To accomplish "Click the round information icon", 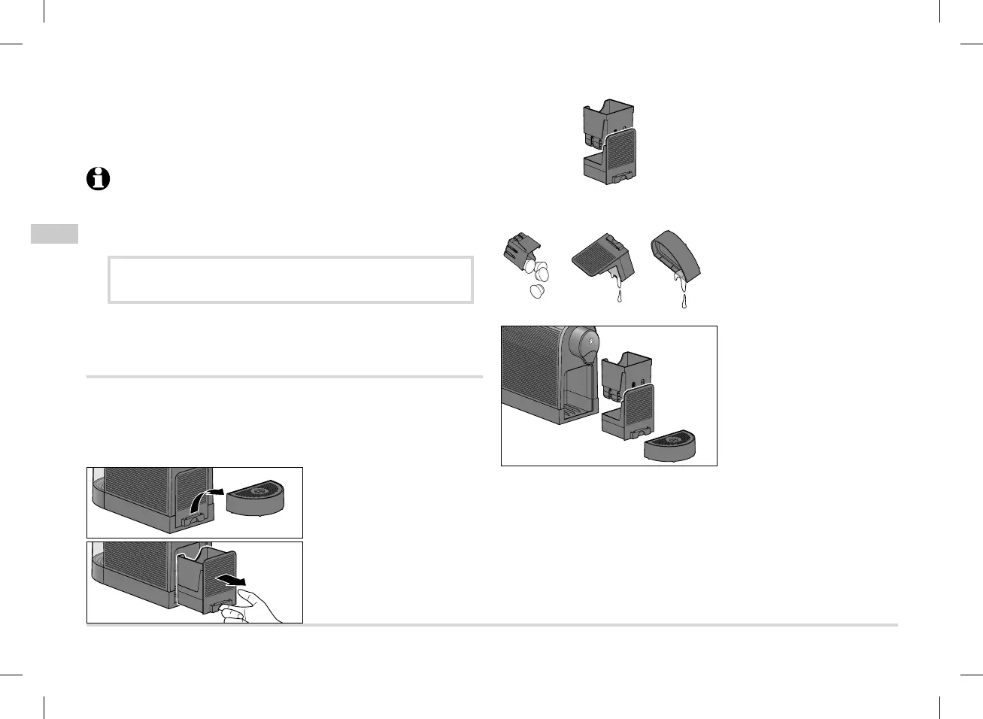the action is tap(98, 180).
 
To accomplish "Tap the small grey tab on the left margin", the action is tap(54, 233).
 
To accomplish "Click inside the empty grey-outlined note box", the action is tap(290, 280).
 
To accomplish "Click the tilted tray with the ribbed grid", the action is tap(602, 256).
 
